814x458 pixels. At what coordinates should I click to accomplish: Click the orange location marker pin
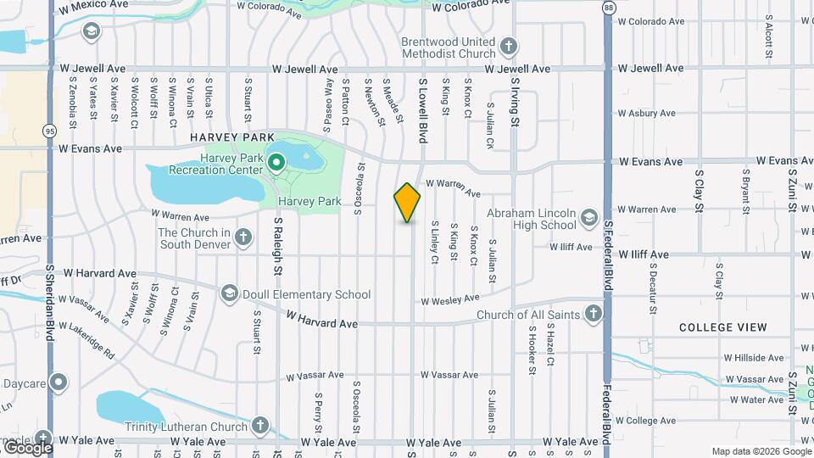point(408,203)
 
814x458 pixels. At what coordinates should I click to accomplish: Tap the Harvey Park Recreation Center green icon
point(276,162)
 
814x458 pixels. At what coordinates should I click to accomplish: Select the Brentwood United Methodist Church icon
point(508,47)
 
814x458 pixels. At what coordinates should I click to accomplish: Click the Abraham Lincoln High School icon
point(588,219)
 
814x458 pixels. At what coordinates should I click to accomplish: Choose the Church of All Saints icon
point(593,315)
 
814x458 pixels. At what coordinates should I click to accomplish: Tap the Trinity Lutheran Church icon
point(260,424)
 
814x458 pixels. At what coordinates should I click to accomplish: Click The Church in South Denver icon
point(243,237)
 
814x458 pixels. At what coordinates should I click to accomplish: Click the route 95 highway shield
point(50,131)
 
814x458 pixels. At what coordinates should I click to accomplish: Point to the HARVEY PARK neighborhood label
point(232,137)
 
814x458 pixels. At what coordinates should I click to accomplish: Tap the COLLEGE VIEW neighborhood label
point(723,327)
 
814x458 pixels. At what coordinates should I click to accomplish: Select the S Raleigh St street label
point(277,247)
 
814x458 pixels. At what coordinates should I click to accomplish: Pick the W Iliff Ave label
point(644,254)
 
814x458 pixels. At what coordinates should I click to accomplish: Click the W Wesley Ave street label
point(450,299)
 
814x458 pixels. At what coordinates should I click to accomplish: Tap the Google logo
point(28,447)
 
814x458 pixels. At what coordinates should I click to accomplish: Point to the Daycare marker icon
point(58,383)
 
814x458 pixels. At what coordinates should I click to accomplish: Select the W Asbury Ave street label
point(646,113)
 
